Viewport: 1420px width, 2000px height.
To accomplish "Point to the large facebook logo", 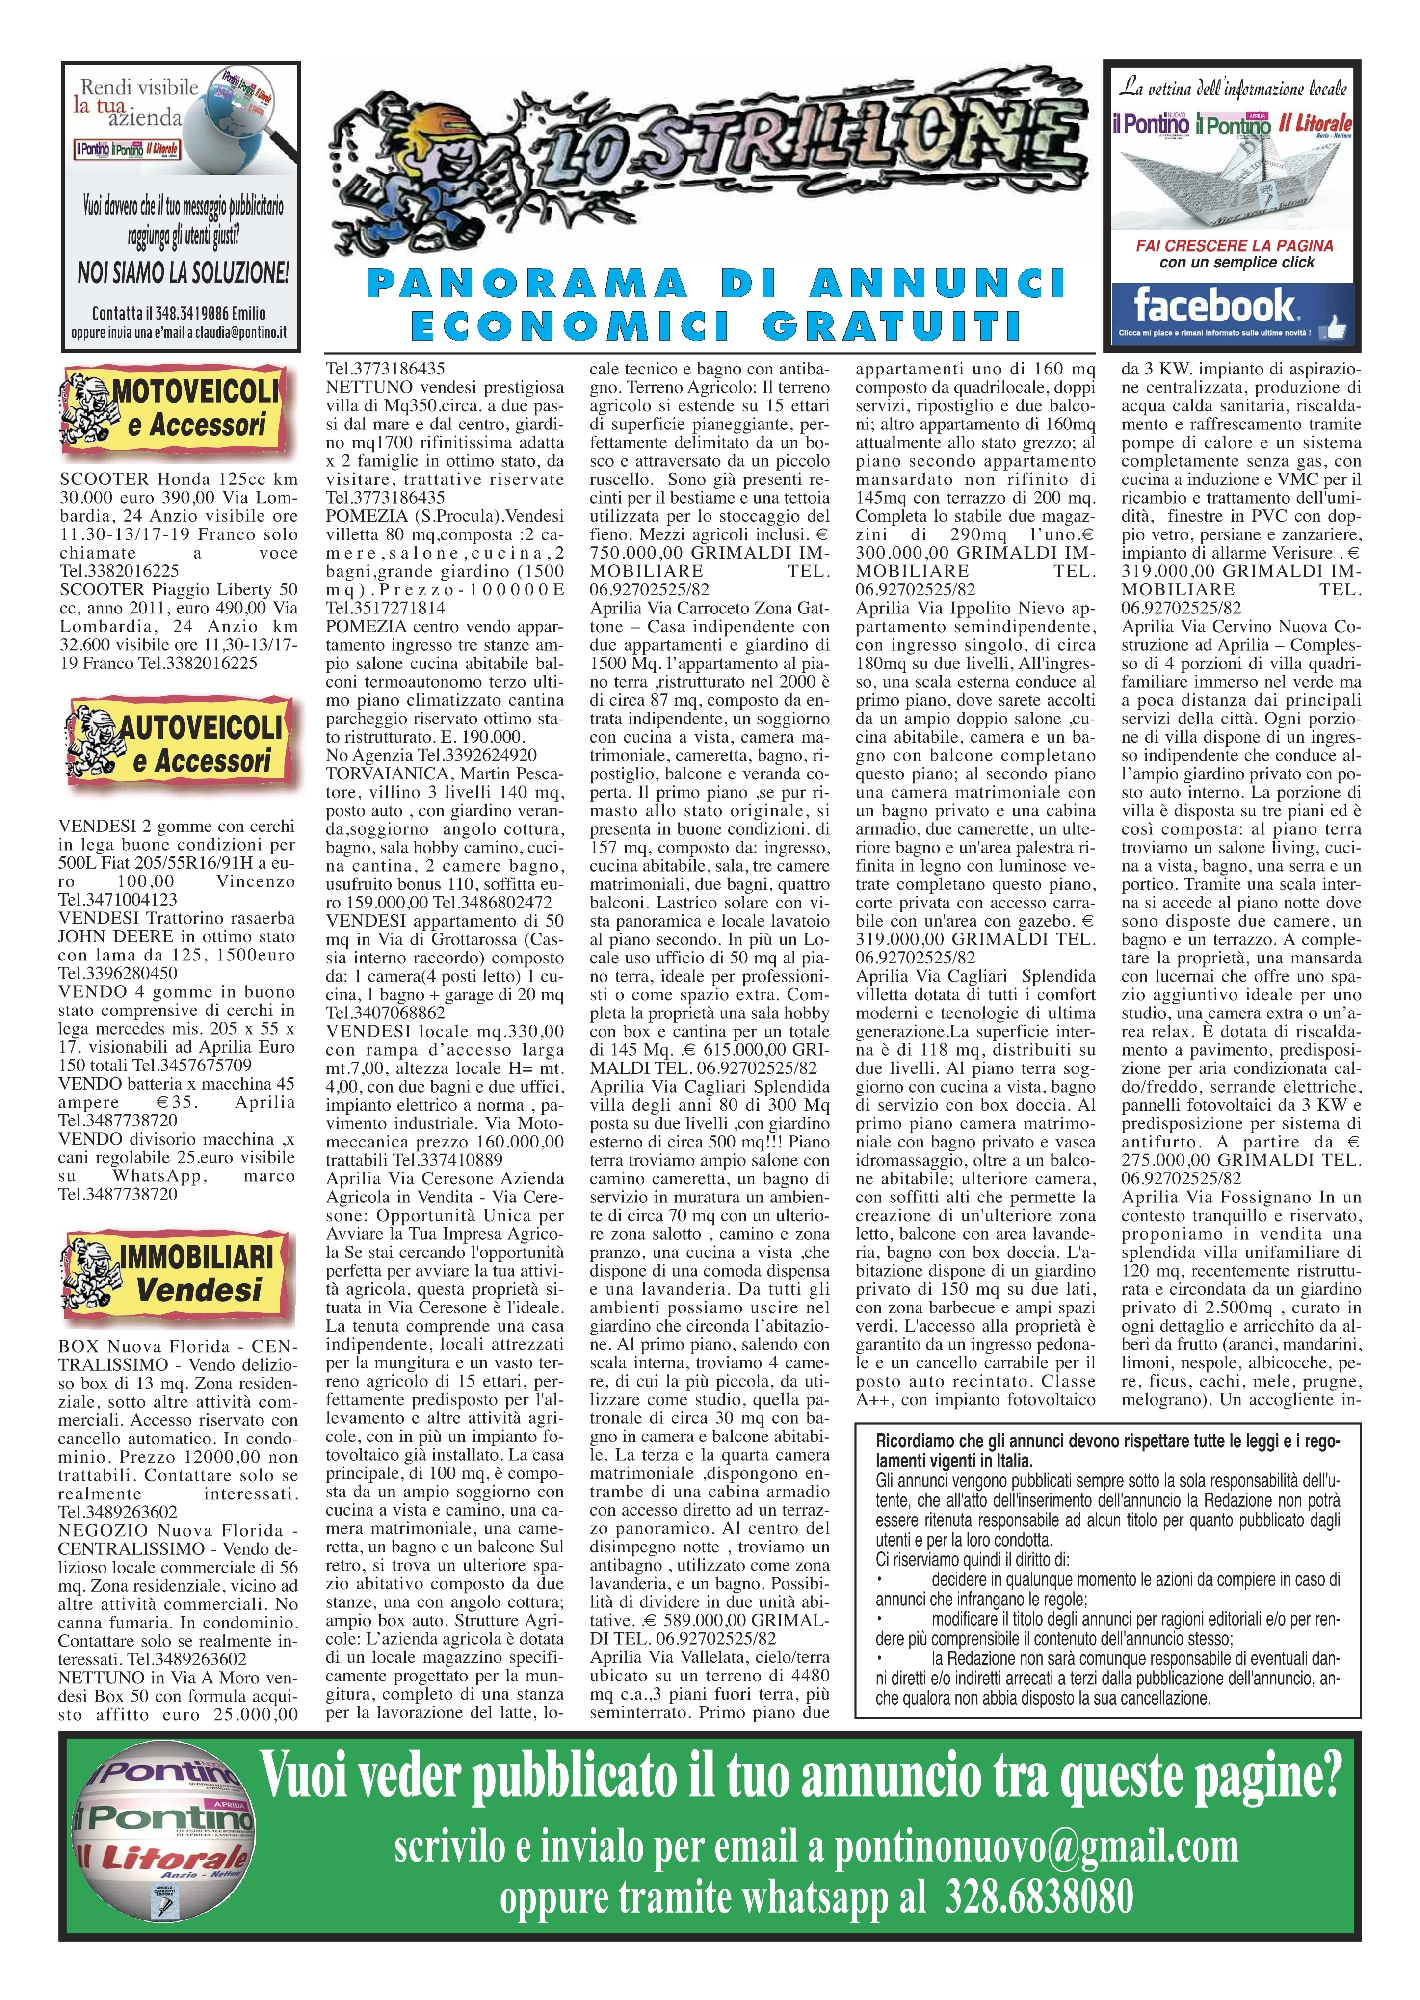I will pos(1213,305).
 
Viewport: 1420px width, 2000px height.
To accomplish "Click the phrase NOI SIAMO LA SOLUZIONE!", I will pos(183,271).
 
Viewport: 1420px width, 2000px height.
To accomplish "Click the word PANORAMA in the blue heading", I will pos(527,284).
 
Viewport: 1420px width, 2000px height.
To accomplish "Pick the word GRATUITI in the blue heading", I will pos(893,326).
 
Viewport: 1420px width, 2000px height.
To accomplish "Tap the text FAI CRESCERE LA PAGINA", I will pos(1234,245).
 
